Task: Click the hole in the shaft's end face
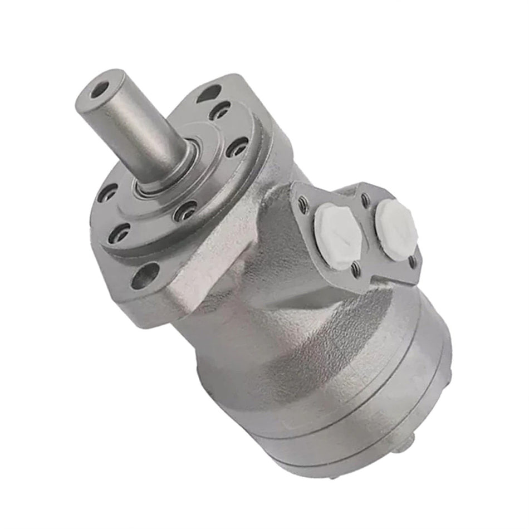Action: click(101, 88)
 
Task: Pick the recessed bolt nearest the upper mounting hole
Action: click(221, 111)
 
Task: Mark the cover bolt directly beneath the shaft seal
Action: click(185, 211)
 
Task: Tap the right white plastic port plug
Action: click(396, 222)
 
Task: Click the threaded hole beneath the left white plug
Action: click(355, 270)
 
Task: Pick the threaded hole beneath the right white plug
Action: click(413, 259)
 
